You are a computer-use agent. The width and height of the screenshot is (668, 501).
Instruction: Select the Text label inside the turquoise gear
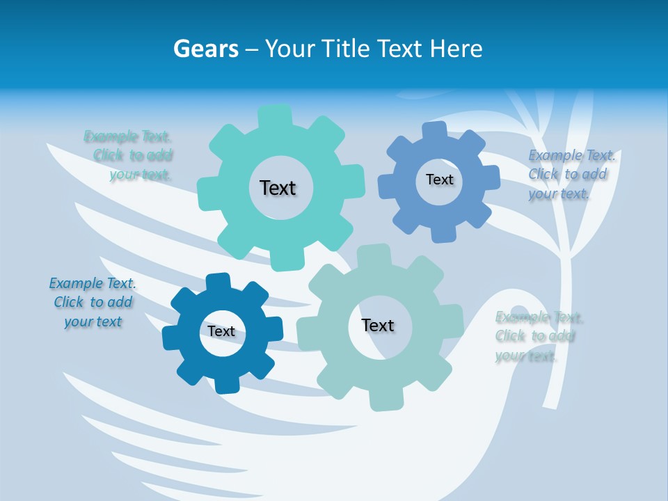tap(278, 188)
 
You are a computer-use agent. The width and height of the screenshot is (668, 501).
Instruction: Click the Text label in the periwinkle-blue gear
tap(439, 180)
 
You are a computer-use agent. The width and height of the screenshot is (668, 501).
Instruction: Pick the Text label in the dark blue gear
tap(221, 331)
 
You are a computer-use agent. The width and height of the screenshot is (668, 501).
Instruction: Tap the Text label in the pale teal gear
tap(378, 325)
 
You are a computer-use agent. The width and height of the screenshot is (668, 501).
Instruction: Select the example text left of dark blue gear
tap(93, 302)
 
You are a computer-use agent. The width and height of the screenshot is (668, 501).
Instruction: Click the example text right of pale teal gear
tap(538, 337)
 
